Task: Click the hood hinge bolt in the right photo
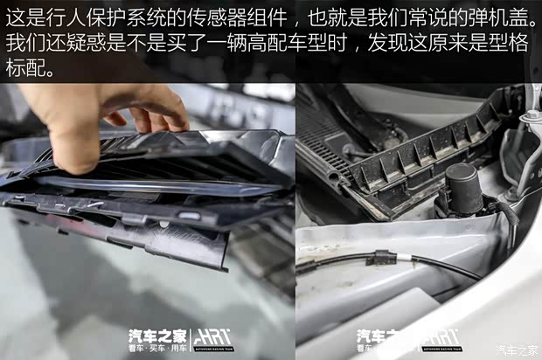click(530, 117)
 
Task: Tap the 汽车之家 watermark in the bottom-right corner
click(518, 351)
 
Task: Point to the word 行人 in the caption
click(80, 17)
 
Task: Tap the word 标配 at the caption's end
click(30, 69)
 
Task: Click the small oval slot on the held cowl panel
click(187, 215)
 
